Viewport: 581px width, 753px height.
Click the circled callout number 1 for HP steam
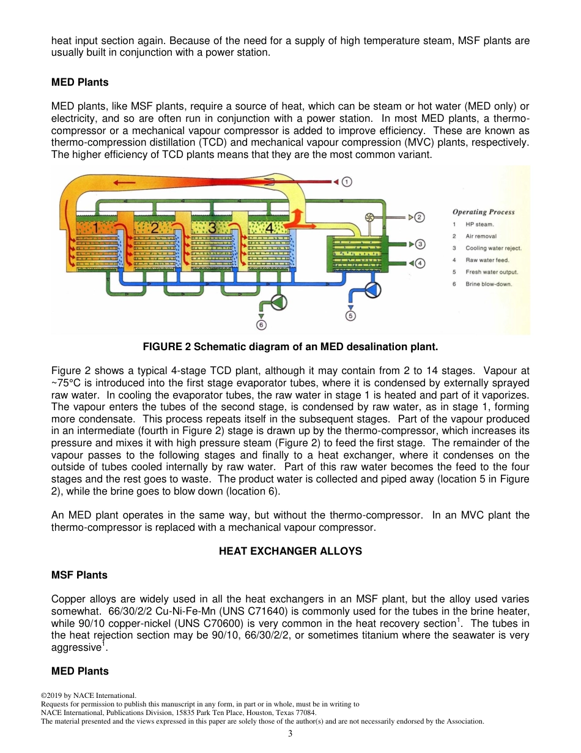346,182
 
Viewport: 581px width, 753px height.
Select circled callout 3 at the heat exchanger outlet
420,244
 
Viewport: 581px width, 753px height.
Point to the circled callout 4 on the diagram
420,263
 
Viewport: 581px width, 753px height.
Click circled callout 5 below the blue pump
350,315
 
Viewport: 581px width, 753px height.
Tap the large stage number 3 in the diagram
212,228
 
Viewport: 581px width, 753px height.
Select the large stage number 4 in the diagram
268,228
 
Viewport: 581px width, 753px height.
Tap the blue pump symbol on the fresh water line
372,290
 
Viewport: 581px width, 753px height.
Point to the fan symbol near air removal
369,218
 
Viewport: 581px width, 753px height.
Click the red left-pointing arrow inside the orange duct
125,182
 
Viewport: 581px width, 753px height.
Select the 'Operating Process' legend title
483,212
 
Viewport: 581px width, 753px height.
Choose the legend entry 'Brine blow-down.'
489,284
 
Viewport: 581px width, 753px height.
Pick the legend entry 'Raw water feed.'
487,260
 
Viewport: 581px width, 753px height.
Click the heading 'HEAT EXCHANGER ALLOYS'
290,551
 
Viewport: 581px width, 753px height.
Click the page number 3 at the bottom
290,734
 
